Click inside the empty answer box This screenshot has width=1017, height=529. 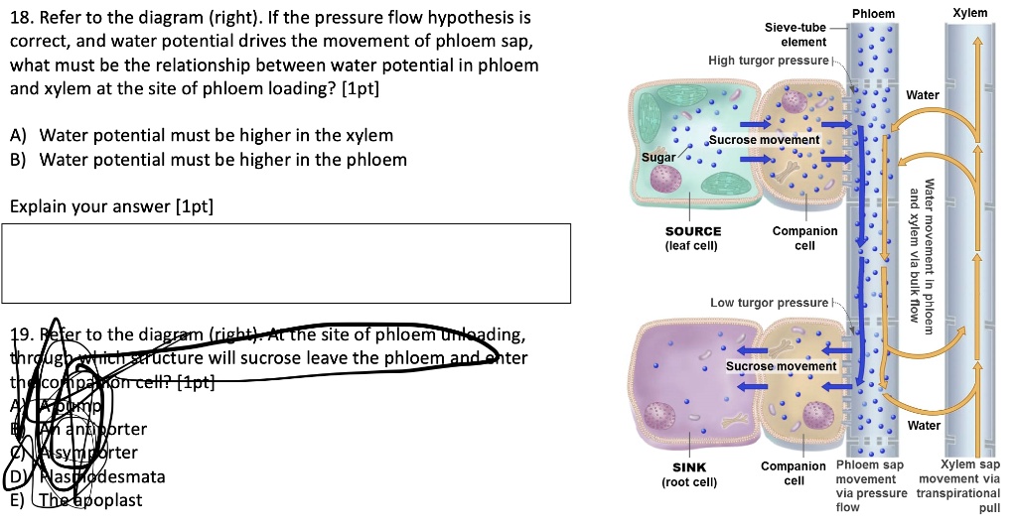(x=288, y=263)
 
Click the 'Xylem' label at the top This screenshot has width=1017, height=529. (x=969, y=12)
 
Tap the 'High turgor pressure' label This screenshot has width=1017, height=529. (x=767, y=61)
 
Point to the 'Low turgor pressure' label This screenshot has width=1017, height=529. (x=768, y=302)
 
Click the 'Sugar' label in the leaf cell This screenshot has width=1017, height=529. (x=657, y=158)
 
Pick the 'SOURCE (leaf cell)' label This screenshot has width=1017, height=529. (x=692, y=238)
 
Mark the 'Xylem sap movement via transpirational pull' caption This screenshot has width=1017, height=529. (x=962, y=485)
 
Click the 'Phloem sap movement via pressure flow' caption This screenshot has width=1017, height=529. (x=871, y=485)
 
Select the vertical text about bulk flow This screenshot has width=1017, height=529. (x=921, y=258)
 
